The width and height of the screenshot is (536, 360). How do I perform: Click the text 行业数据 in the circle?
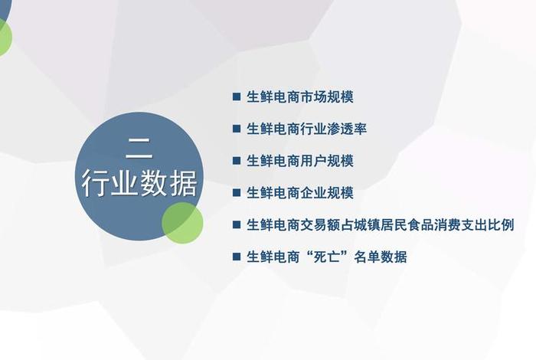pyautogui.click(x=140, y=184)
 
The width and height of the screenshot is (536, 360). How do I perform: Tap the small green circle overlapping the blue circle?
pyautogui.click(x=183, y=221)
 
